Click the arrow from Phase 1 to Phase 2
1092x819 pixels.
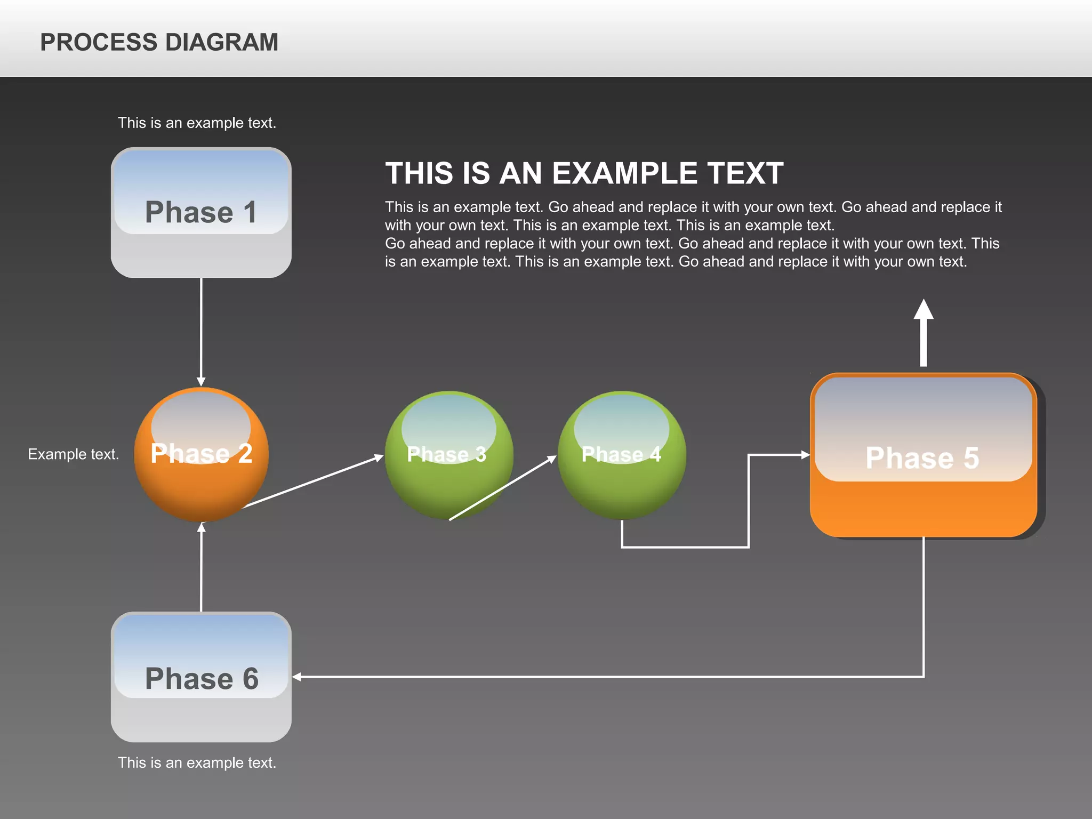pos(201,331)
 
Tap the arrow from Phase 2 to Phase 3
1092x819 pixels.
pos(315,480)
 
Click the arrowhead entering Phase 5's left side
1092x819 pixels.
pos(805,455)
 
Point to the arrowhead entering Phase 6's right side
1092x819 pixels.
pos(297,677)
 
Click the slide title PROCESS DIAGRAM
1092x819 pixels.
pos(159,42)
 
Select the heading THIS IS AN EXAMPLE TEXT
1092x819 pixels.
pos(584,173)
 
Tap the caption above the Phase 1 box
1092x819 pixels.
pos(197,123)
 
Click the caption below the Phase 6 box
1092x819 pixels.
pos(197,763)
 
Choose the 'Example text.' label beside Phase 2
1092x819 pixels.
pos(74,454)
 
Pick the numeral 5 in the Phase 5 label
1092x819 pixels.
pos(971,458)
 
